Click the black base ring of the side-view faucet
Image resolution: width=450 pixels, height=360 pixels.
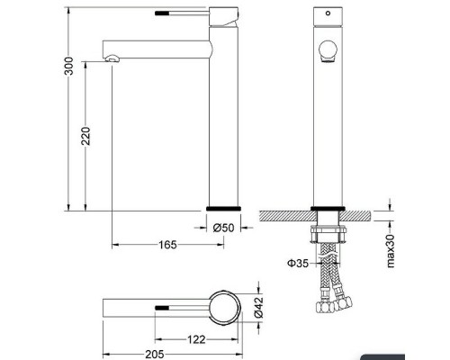222,207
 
